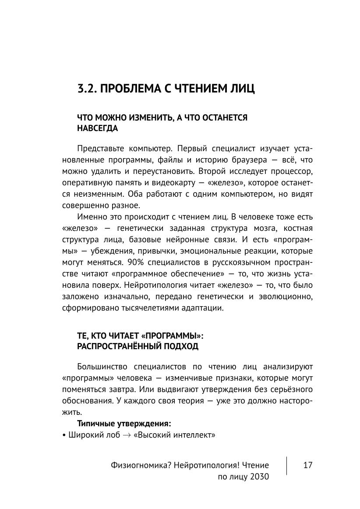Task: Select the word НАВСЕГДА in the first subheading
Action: click(x=97, y=128)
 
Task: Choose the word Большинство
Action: click(x=103, y=366)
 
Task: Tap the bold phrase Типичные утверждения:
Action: click(x=124, y=424)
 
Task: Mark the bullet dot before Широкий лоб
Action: click(x=64, y=435)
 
